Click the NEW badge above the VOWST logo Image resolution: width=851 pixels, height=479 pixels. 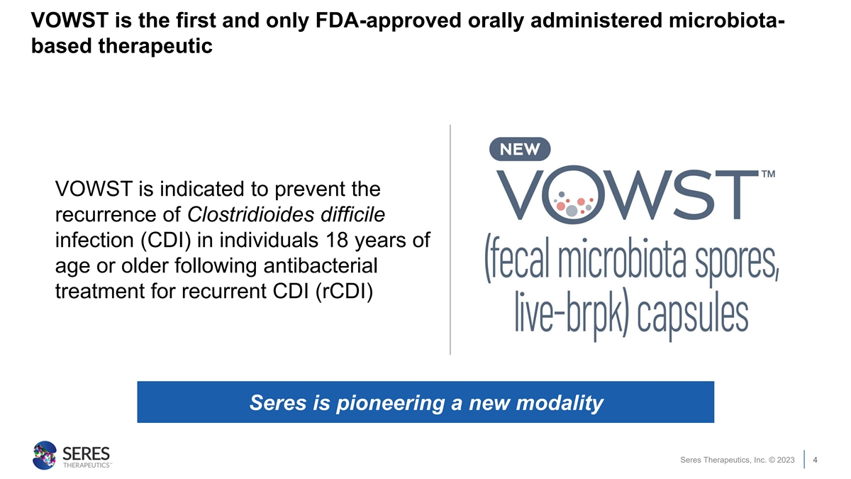tap(520, 149)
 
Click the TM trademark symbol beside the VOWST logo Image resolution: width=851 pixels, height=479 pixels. tap(768, 174)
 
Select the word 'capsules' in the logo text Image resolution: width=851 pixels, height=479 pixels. tap(693, 316)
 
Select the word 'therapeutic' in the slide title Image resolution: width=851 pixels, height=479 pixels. tap(155, 46)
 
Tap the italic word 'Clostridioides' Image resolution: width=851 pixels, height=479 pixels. tap(251, 214)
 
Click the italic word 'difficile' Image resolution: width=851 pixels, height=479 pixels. tap(352, 214)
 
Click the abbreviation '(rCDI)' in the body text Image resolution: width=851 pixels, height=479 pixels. tap(344, 292)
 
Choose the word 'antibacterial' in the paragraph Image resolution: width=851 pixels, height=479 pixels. tap(321, 265)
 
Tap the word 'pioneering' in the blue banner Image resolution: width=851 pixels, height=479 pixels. tap(391, 403)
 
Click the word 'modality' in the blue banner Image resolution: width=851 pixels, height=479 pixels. tap(560, 402)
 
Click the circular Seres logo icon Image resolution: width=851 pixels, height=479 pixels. tap(45, 455)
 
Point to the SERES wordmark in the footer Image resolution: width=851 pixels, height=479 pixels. tap(86, 454)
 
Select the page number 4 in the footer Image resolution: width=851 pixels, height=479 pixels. tap(815, 460)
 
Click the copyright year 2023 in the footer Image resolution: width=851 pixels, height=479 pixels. tap(786, 460)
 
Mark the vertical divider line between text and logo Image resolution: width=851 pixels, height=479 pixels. tap(450, 240)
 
